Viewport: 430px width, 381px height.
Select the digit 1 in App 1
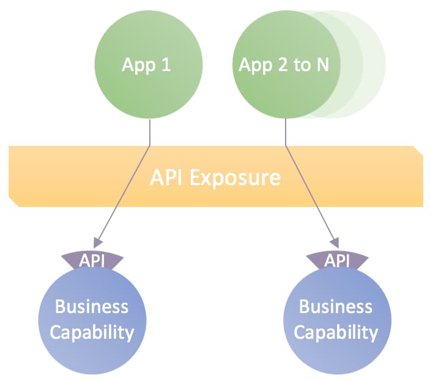(x=165, y=65)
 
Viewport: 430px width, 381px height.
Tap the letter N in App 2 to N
(x=322, y=65)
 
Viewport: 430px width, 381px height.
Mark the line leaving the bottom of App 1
(x=150, y=132)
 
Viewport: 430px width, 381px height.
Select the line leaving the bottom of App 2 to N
(x=286, y=132)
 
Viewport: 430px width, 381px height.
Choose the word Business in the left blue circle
(x=92, y=306)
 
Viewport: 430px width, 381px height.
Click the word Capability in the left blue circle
(x=92, y=333)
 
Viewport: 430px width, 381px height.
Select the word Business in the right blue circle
(x=336, y=306)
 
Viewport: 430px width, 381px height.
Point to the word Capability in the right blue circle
(x=336, y=333)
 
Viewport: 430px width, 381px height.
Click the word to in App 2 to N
(x=302, y=66)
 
